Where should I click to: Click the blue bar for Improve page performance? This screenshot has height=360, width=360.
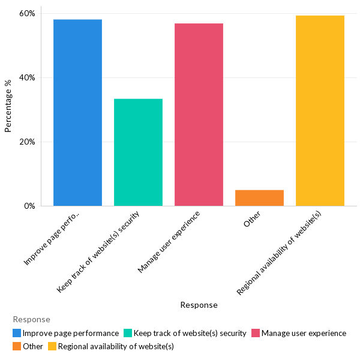[x=77, y=113]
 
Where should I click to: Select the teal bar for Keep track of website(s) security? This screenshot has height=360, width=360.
[x=138, y=152]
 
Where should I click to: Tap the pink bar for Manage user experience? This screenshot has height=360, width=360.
[x=199, y=115]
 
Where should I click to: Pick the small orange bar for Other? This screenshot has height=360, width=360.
[x=259, y=198]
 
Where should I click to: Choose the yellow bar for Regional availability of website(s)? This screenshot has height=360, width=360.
[x=320, y=111]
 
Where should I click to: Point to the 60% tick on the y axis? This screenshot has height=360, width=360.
[x=28, y=13]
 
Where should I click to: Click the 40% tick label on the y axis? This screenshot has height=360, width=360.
[x=28, y=77]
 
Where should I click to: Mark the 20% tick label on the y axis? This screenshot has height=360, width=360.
[x=28, y=142]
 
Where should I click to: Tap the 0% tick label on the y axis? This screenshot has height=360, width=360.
[x=29, y=206]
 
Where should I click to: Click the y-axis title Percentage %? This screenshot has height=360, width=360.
[x=8, y=106]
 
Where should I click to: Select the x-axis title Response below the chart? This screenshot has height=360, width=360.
[x=199, y=305]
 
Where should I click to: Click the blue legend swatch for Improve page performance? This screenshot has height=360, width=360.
[x=17, y=333]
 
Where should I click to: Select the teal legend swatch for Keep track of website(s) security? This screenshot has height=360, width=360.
[x=128, y=333]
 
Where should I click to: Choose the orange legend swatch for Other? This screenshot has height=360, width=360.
[x=17, y=346]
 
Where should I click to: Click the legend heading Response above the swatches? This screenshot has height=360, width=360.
[x=31, y=320]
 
